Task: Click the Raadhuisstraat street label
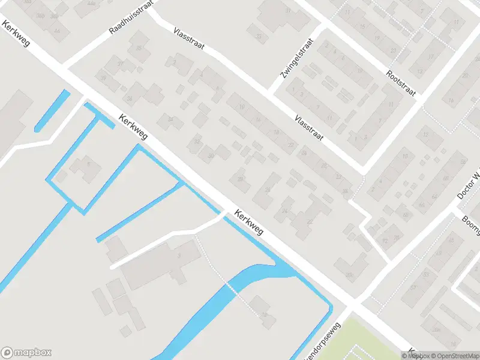pos(131,18)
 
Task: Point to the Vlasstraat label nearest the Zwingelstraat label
pos(309,128)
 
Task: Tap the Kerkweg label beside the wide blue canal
pos(249,221)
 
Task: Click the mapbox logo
pos(26,353)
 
